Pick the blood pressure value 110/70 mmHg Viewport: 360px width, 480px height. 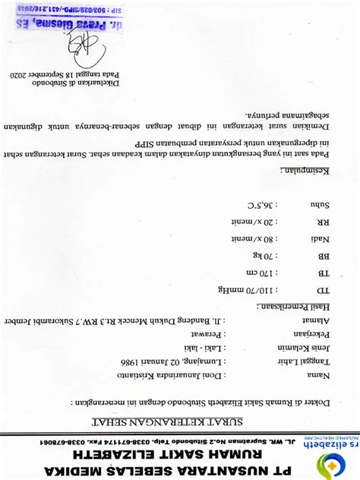(244, 290)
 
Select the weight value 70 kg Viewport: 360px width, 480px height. (260, 256)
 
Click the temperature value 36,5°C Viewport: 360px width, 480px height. (257, 204)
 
